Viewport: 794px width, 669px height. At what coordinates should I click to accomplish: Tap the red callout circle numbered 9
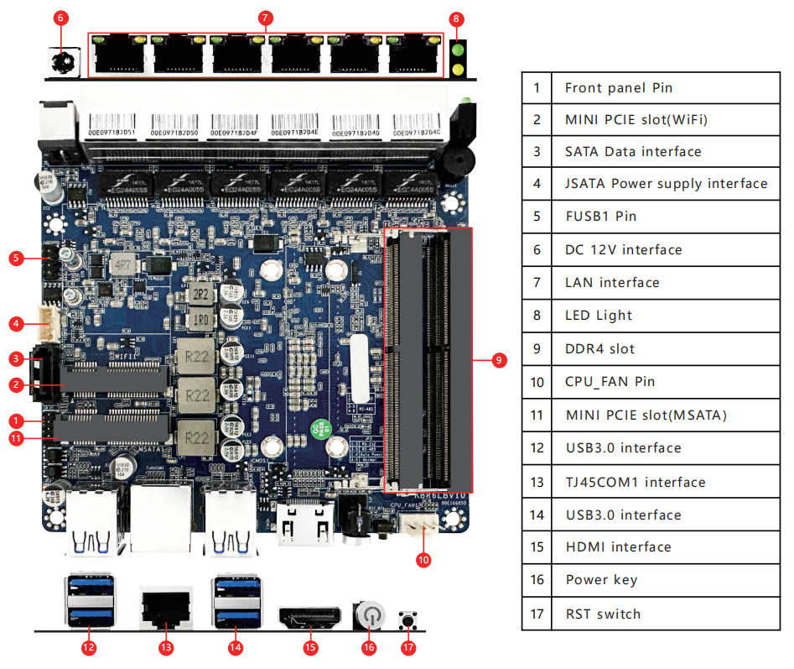point(498,359)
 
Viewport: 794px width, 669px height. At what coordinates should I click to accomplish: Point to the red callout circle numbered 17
point(408,647)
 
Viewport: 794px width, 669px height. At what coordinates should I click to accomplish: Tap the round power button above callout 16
point(369,617)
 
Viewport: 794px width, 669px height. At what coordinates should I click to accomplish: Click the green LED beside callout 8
point(458,50)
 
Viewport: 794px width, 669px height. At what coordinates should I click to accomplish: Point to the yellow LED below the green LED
point(458,67)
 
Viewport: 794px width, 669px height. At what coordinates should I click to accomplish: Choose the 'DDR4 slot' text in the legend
point(599,348)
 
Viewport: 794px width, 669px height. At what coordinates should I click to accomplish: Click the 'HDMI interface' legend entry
point(618,546)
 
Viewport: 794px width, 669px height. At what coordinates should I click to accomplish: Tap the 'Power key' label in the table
point(601,579)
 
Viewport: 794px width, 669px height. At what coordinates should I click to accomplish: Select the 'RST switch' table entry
point(603,614)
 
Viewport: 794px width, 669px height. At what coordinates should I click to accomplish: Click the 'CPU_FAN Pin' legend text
point(610,381)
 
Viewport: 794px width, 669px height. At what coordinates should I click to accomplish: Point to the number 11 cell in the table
point(537,415)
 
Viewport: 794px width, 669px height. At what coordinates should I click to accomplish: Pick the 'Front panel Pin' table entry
point(618,87)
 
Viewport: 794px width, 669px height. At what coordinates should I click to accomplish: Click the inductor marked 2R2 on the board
point(200,295)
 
